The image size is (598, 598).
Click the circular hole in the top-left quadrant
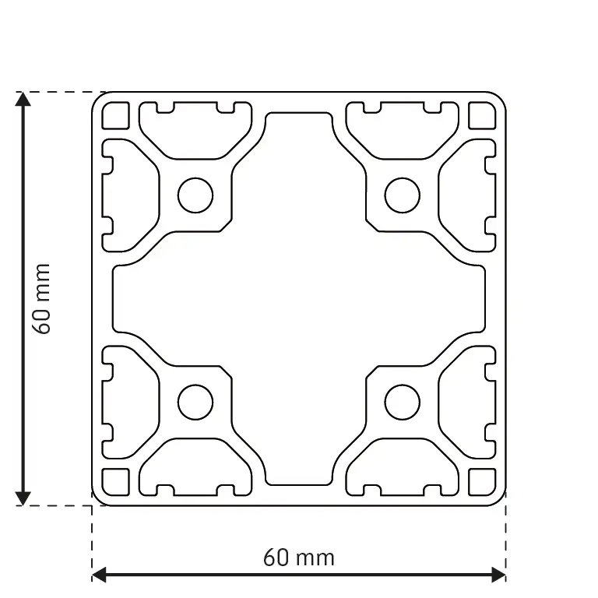pos(195,195)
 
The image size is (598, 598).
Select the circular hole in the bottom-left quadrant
pos(195,403)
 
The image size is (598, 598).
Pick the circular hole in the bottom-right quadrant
pos(402,403)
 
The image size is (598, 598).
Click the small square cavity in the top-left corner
pos(116,116)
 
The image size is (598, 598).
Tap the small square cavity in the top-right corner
pos(482,116)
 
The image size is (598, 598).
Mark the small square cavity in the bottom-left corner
pos(116,482)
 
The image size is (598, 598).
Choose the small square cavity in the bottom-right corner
pos(482,482)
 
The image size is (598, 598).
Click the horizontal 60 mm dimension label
pos(299,558)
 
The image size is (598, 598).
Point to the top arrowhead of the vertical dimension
pos(23,99)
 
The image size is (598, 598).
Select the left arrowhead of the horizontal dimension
pos(99,575)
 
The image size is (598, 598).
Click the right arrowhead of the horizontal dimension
pos(499,575)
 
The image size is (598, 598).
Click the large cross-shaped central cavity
pos(299,299)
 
